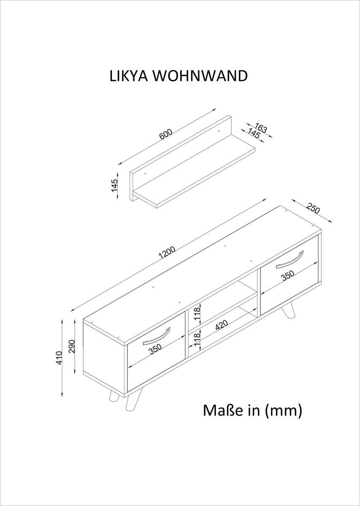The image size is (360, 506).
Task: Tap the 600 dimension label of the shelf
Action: pos(166,135)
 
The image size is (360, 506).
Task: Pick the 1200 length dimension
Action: pos(167,252)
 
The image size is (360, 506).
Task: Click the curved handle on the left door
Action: pos(157,335)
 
